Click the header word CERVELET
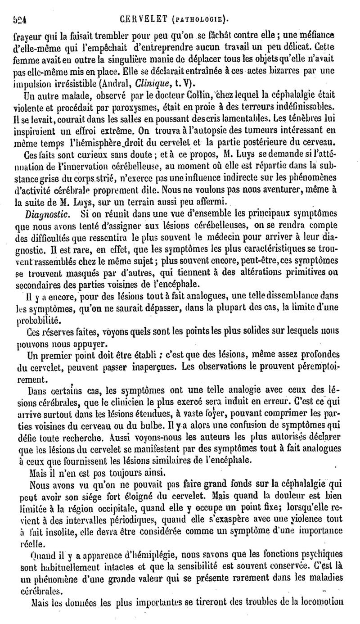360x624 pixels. click(145, 19)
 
